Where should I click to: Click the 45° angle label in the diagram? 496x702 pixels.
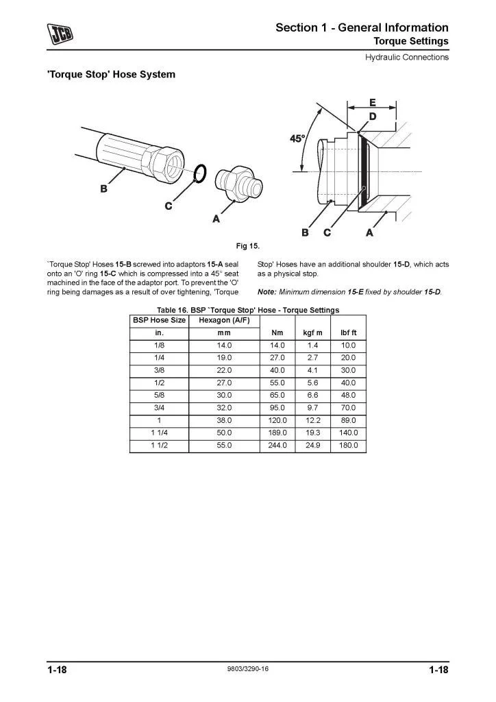(x=297, y=138)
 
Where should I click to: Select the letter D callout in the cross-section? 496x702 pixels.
(x=372, y=117)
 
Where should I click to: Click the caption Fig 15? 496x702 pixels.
(x=247, y=245)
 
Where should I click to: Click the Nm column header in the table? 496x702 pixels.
(x=277, y=333)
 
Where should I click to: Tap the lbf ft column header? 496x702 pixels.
(x=349, y=333)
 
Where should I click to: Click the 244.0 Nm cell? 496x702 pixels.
(x=277, y=445)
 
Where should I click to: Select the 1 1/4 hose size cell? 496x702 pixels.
(x=158, y=433)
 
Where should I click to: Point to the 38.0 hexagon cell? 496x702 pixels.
(x=225, y=420)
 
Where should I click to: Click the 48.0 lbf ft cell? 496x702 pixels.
(x=349, y=395)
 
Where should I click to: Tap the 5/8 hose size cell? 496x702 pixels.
(x=158, y=395)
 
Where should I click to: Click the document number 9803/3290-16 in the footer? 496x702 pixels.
(x=247, y=670)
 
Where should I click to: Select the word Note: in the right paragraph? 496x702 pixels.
(x=266, y=291)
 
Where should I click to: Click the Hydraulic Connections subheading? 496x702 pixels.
(x=406, y=57)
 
